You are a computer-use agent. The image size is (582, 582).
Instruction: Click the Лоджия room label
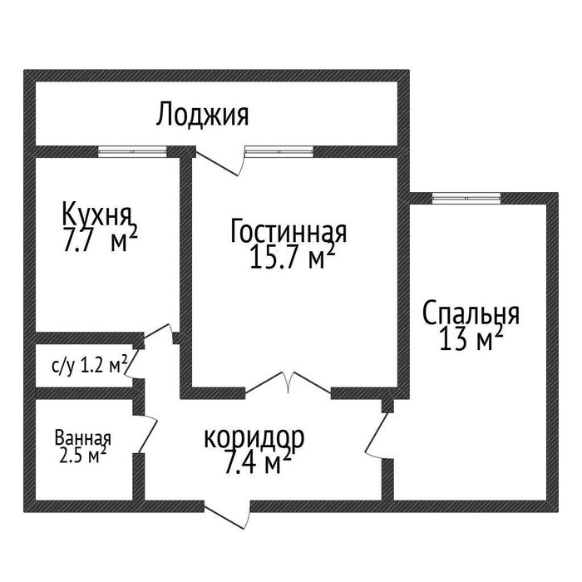click(202, 115)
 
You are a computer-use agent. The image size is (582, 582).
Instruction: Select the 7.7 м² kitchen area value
click(99, 241)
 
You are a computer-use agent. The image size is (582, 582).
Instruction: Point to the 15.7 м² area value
click(292, 258)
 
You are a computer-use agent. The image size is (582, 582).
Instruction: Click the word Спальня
click(471, 314)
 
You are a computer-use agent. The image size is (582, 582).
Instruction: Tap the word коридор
click(254, 437)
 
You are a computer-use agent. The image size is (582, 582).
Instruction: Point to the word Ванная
click(83, 437)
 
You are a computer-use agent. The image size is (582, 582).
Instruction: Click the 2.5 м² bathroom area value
click(81, 456)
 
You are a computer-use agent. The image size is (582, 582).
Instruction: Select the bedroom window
click(466, 198)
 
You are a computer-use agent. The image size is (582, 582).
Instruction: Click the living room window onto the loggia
click(279, 151)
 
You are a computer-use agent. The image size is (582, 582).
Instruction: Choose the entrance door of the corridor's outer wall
click(228, 511)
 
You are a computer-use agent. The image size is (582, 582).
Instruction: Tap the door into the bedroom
click(378, 432)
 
